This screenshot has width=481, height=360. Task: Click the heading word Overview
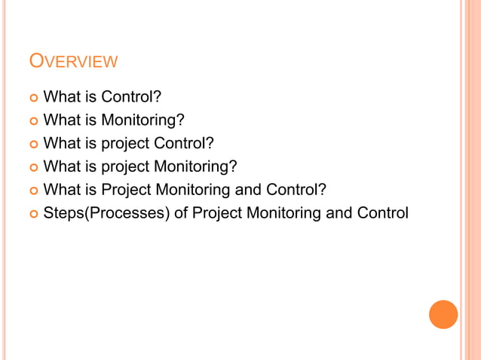pos(72,61)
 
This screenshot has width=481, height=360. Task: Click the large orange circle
pos(443,314)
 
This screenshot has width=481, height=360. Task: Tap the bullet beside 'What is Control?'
pos(32,97)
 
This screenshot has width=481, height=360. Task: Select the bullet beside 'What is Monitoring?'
pos(32,121)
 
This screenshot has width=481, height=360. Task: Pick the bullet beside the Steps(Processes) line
pos(32,213)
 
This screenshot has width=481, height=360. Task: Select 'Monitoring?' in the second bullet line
pos(144,120)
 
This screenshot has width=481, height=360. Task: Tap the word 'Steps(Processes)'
pos(106,213)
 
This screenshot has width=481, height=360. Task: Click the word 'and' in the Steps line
pos(339,213)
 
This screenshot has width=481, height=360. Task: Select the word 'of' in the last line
pos(180,213)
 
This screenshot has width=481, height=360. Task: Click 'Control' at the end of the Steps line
pos(382,213)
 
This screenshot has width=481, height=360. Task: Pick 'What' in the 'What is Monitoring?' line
pos(61,120)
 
